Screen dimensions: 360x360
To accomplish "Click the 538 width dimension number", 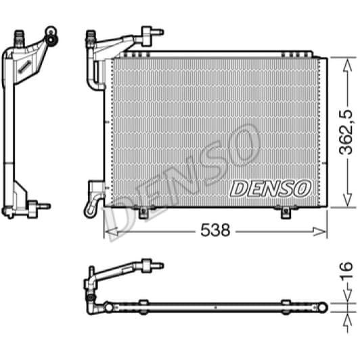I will click(x=216, y=230).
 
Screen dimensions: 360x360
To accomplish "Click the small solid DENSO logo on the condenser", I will click(x=271, y=186).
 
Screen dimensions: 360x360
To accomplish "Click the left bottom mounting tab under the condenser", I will click(x=144, y=212).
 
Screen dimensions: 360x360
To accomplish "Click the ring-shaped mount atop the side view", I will click(x=50, y=32).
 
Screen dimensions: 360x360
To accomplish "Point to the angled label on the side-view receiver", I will click(x=26, y=65).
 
